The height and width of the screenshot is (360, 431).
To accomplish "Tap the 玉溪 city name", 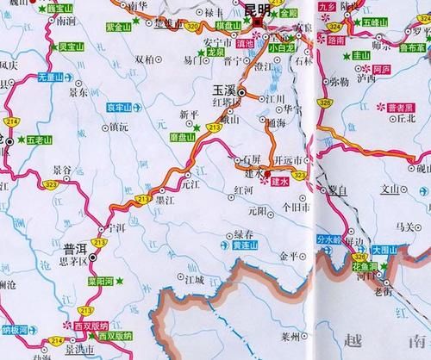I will (224, 89).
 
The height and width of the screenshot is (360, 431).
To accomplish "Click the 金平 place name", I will (289, 257).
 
